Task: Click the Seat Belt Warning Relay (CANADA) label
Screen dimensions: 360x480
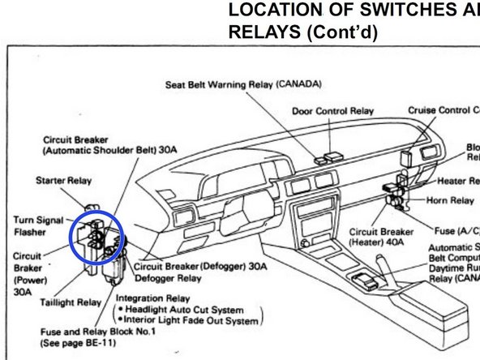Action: point(244,84)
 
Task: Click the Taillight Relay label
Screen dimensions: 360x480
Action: point(71,302)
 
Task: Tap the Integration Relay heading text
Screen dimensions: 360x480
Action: point(148,298)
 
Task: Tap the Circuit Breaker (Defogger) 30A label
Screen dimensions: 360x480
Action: point(199,265)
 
